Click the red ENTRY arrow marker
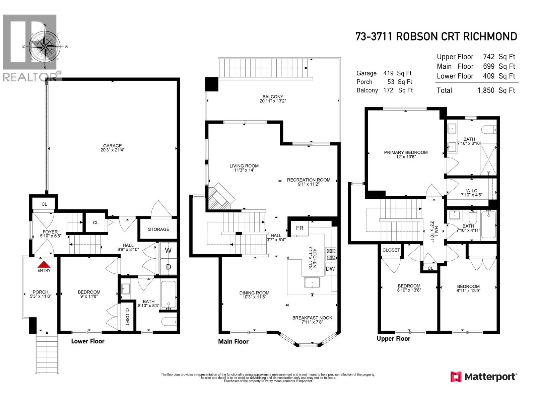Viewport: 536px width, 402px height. point(44,263)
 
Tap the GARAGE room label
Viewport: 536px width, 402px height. point(112,146)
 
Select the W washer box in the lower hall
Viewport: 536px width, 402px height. point(168,250)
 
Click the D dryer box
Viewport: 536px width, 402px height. point(169,267)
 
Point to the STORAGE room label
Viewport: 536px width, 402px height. point(158,229)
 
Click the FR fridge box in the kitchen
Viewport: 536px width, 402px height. point(299,228)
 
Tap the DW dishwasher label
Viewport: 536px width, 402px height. point(330,269)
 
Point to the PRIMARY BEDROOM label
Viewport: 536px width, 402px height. point(406,152)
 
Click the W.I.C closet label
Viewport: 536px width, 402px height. point(471,191)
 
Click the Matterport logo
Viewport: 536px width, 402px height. point(483,377)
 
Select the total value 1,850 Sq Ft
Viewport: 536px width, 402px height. point(496,90)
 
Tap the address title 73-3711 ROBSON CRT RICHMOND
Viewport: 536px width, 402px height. point(436,37)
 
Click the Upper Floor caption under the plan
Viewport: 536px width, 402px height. point(393,339)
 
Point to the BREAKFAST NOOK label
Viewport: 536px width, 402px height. point(312,318)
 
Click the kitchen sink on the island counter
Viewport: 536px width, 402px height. point(312,283)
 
